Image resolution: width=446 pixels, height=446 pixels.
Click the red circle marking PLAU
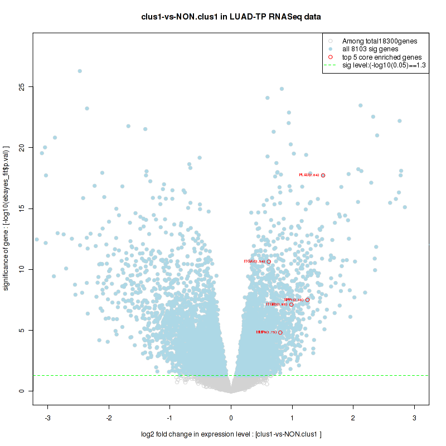pyautogui.click(x=323, y=176)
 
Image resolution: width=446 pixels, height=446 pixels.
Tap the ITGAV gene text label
pyautogui.click(x=255, y=261)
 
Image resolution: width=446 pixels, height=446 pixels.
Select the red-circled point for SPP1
pyautogui.click(x=307, y=300)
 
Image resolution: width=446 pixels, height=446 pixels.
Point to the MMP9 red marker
pyautogui.click(x=280, y=333)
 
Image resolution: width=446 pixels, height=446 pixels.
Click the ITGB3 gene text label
pyautogui.click(x=276, y=304)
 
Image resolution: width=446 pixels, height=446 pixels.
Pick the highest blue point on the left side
pyautogui.click(x=80, y=71)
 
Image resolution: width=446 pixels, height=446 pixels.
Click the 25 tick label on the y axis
pyautogui.click(x=22, y=87)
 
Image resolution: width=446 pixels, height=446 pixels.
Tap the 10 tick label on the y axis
pyautogui.click(x=22, y=269)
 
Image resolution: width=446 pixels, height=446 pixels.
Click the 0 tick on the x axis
pyautogui.click(x=231, y=418)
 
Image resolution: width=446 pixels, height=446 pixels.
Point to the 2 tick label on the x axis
pyautogui.click(x=353, y=418)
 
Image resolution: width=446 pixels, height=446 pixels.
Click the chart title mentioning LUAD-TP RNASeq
pyautogui.click(x=231, y=17)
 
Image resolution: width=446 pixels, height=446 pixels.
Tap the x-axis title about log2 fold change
pyautogui.click(x=231, y=434)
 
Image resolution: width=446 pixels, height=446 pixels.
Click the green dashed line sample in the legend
pyautogui.click(x=331, y=65)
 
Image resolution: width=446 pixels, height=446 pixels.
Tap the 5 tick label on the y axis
pyautogui.click(x=22, y=331)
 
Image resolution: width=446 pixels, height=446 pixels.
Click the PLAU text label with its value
pyautogui.click(x=309, y=176)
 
